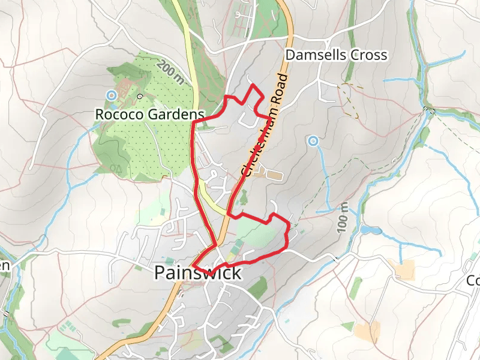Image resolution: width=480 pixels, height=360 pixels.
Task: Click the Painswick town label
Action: tap(197, 273)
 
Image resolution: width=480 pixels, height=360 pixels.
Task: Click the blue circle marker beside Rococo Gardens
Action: tap(111, 95)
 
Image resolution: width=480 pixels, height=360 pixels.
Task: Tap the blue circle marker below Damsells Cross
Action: tap(312, 141)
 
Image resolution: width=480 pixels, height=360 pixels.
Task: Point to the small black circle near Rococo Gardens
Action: tap(140, 95)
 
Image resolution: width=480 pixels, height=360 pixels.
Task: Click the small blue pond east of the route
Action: tap(370, 230)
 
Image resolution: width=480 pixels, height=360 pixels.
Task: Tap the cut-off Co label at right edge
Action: tap(473, 280)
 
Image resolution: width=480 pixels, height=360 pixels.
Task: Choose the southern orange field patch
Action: tap(367, 331)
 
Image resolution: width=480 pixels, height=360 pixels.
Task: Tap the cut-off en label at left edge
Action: tap(5, 265)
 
